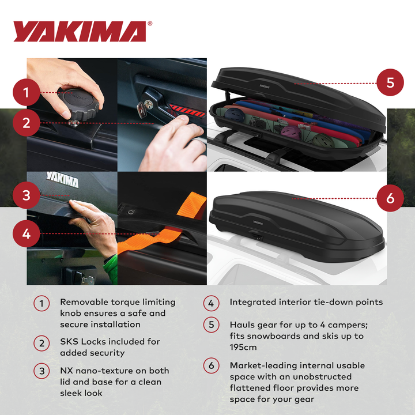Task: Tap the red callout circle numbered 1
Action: pos(27,92)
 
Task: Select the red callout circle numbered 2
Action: pos(27,122)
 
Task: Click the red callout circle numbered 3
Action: pos(27,195)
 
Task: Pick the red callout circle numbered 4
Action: pos(27,234)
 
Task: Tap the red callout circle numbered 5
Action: pos(390,82)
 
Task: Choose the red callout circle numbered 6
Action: pos(390,198)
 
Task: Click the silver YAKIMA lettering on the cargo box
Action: pos(62,181)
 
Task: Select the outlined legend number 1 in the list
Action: pos(41,303)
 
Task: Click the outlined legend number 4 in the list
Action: pos(211,303)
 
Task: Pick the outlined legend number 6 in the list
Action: pos(211,366)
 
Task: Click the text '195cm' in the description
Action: pos(243,348)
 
